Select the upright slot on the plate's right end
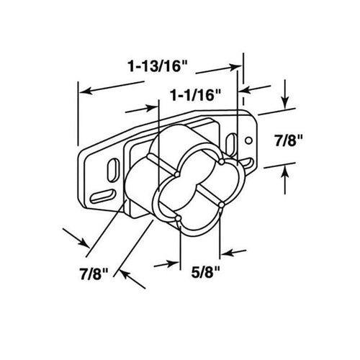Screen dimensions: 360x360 [x=231, y=144]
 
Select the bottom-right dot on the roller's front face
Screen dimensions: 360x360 [x=222, y=206]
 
